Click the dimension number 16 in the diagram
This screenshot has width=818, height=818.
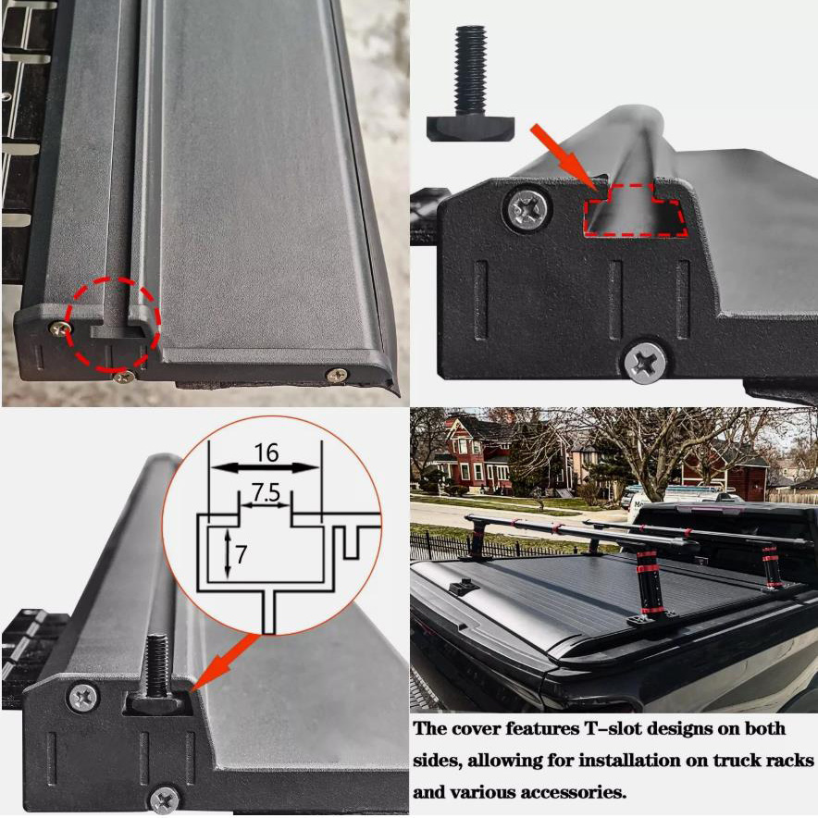tap(266, 452)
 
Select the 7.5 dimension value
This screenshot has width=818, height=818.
tap(266, 492)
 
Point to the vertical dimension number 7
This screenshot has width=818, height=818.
tap(241, 554)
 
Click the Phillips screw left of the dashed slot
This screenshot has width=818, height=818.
tap(530, 211)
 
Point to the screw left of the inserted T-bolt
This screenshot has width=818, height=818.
tap(83, 698)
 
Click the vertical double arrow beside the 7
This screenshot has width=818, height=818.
tap(228, 554)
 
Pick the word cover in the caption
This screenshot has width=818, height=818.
tap(477, 729)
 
